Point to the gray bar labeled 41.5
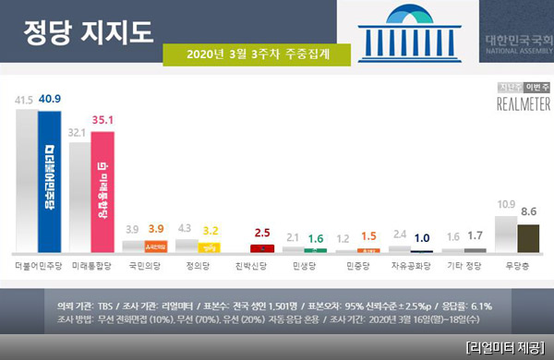(x=28, y=181)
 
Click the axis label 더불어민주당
(x=39, y=265)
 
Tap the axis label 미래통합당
(x=90, y=265)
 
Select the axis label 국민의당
(x=144, y=265)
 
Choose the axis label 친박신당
(x=251, y=265)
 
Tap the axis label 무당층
(x=516, y=265)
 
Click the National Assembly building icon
(x=408, y=32)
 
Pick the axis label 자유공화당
(x=410, y=265)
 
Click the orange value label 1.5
(x=368, y=236)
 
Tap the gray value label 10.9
(x=504, y=204)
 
